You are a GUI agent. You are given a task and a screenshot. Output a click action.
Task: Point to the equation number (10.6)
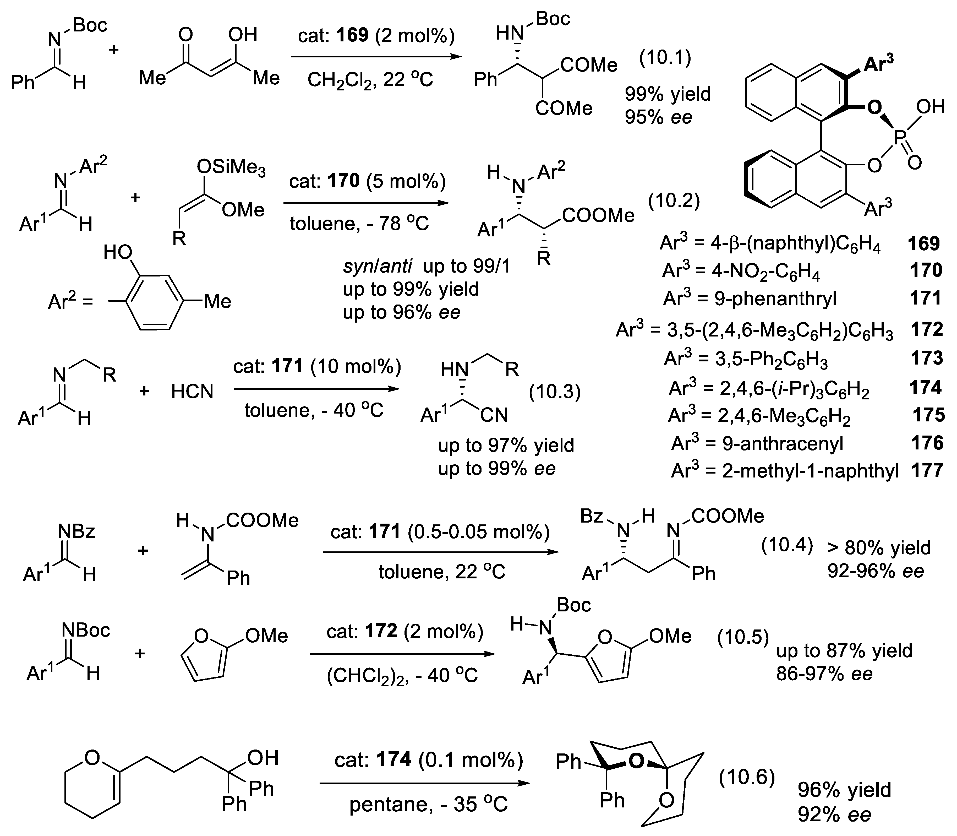coord(746,777)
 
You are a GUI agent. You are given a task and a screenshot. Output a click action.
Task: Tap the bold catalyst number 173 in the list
coord(927,358)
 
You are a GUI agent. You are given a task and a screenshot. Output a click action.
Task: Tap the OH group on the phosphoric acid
coord(931,107)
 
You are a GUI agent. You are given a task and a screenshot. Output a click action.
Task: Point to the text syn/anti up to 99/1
coord(427,266)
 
